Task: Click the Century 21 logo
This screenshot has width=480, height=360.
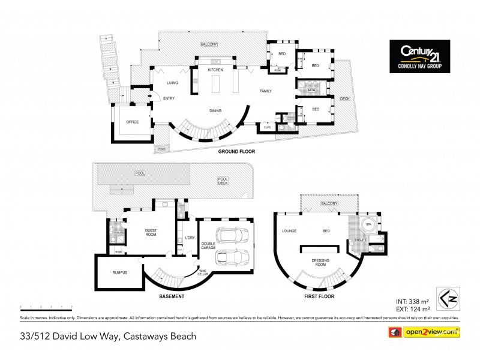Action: click(419, 56)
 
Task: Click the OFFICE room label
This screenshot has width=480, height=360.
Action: click(132, 122)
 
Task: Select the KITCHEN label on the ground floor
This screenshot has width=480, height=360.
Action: click(215, 70)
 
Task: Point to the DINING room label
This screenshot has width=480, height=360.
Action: click(215, 110)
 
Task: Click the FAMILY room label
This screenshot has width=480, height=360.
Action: click(266, 91)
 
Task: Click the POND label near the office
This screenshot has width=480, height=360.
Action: click(161, 148)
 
